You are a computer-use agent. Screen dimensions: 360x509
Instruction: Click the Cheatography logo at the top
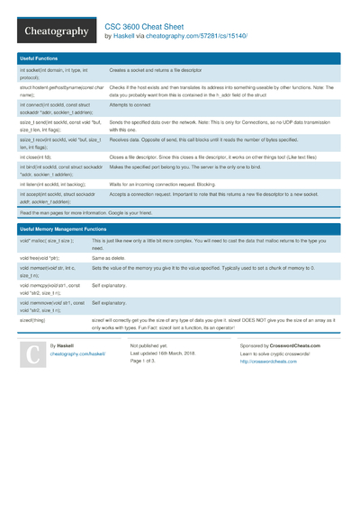(56, 31)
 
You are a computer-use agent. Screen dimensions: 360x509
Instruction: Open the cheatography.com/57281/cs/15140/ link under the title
(195, 37)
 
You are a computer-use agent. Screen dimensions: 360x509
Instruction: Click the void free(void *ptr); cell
(45, 257)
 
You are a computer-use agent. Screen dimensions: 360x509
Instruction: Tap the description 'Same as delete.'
(110, 257)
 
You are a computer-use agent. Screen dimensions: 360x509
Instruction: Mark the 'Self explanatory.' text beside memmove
(110, 303)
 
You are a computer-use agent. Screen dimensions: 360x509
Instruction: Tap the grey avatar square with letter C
(33, 358)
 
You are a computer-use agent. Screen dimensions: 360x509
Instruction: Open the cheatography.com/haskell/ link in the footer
(77, 354)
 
